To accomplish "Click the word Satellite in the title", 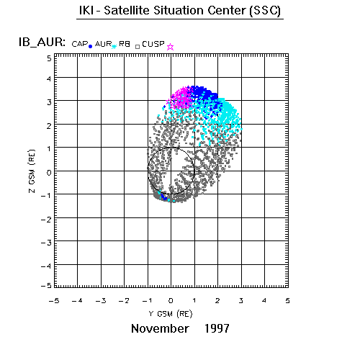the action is (127, 11).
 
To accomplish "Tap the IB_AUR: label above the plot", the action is (42, 42).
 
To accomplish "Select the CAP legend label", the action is (80, 44).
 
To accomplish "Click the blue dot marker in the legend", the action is (90, 47).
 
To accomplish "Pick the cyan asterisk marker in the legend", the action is (114, 46).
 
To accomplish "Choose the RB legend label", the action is (125, 44).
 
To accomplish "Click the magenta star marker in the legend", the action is (170, 47).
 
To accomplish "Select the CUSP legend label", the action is (153, 44).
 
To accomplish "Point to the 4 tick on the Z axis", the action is (49, 78).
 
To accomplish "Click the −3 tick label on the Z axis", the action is (46, 243).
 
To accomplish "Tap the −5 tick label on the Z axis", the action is (46, 285).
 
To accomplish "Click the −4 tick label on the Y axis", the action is (77, 300).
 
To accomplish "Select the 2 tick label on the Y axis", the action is (217, 300).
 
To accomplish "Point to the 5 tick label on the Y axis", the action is (287, 300).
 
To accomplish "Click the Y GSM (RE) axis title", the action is (171, 314).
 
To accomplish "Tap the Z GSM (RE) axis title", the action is (32, 171).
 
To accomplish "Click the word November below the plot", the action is (160, 328).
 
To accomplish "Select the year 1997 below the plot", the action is (217, 328).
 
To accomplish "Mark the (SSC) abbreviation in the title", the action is (265, 11).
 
